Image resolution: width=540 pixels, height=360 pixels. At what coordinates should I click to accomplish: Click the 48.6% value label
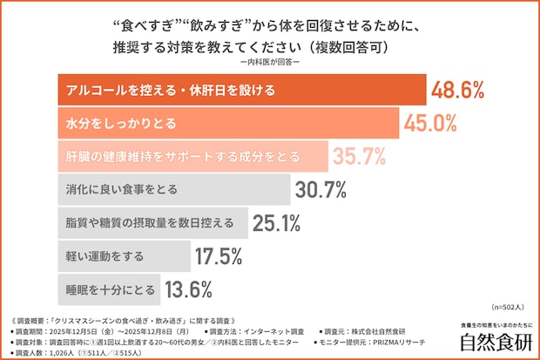(456, 90)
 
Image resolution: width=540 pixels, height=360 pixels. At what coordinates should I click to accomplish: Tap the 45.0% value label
(429, 124)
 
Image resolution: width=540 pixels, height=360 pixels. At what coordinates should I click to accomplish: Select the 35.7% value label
(358, 157)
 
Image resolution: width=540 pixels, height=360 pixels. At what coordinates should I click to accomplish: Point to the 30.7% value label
(321, 189)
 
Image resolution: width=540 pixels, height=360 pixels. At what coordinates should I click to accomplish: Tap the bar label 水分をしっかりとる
(118, 124)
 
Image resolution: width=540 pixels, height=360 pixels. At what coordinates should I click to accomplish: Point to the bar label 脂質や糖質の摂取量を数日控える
(150, 223)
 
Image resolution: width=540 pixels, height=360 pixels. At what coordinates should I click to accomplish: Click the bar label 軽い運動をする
(105, 256)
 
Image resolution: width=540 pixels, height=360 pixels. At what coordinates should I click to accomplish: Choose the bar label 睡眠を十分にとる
(111, 289)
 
